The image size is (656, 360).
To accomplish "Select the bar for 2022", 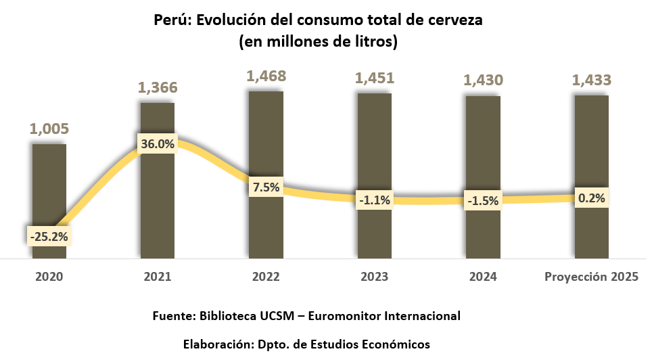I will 266,135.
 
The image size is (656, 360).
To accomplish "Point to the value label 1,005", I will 49,129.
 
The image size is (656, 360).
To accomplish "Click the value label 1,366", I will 157,87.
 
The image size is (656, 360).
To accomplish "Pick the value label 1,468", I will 266,76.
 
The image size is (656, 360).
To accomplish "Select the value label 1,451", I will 375,78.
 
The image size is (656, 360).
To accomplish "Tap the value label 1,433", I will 592,80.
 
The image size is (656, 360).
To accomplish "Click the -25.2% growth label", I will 49,236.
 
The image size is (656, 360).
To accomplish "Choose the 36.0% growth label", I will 157,143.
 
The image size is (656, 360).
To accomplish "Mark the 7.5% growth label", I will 266,187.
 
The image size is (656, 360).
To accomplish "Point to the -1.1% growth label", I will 375,200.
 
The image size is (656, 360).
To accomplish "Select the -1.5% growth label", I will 483,200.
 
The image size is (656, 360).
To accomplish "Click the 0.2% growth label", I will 592,198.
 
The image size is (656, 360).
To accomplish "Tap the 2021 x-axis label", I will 157,277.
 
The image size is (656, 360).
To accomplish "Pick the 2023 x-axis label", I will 375,277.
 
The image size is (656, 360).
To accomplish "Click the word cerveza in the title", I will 455,20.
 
